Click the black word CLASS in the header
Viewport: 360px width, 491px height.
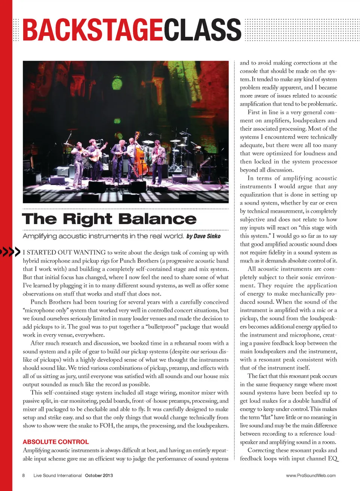[202, 30]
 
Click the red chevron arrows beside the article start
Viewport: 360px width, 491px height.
[10, 252]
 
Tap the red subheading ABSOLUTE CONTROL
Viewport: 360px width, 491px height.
[55, 442]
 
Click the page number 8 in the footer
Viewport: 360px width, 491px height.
[24, 475]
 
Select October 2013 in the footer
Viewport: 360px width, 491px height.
[99, 475]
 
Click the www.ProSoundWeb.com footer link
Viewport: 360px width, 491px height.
[310, 475]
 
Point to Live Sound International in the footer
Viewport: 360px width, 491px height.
[57, 475]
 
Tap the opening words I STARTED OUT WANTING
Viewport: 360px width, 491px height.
[64, 252]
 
